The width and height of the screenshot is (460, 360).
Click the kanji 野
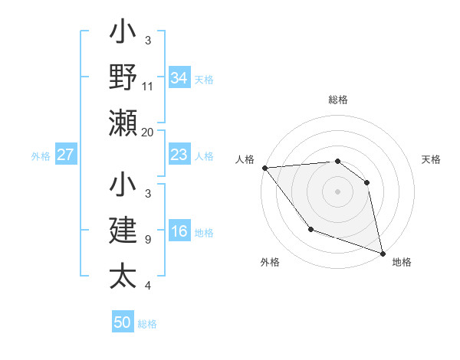pos(123,77)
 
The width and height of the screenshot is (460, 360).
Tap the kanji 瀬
pos(123,123)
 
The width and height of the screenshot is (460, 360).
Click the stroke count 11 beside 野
pos(148,87)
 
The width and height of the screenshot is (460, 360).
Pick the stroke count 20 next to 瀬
pos(148,132)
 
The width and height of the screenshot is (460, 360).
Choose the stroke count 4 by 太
pos(147,286)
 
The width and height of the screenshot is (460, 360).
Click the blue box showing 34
pos(179,77)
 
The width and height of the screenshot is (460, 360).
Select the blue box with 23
pos(179,155)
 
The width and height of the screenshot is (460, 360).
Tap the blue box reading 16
pos(179,232)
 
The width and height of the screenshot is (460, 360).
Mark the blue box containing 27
pos(66,155)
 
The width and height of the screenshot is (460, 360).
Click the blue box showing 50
pos(123,322)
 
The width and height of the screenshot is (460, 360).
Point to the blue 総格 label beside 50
pos(147,324)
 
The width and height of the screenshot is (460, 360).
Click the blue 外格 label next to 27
pos(41,156)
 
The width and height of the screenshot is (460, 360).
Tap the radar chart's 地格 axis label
pos(402,262)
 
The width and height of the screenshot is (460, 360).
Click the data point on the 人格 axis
pos(264,168)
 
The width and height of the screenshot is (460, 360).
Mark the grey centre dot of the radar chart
pos(337,191)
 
